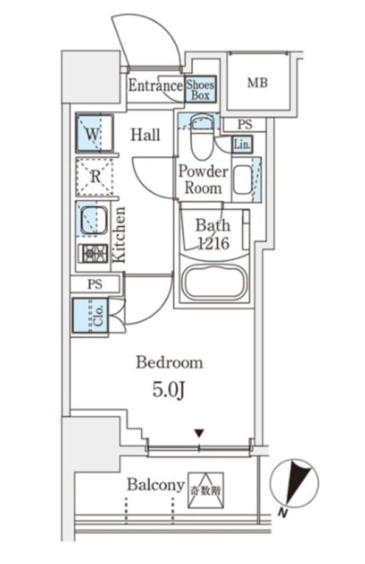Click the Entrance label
click(155, 86)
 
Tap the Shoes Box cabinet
click(200, 90)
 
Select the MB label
click(257, 83)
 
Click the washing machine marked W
click(92, 134)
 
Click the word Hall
click(146, 135)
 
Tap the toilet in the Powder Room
click(199, 137)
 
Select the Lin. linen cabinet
click(242, 144)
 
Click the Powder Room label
click(203, 179)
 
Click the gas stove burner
click(94, 254)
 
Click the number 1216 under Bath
click(212, 244)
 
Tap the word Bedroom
click(169, 363)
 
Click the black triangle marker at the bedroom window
click(199, 434)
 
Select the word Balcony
click(156, 485)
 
